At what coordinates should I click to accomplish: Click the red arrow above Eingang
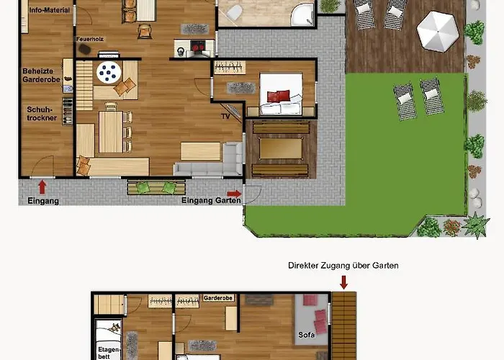click(42, 187)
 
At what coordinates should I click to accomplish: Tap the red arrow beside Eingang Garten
click(234, 194)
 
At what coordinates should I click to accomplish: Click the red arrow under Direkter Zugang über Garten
click(343, 282)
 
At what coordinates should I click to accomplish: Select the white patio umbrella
click(438, 31)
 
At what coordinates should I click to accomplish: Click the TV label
click(225, 117)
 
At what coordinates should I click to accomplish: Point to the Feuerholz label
click(90, 39)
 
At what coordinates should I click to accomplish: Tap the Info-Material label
click(50, 10)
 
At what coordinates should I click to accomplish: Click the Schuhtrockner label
click(42, 114)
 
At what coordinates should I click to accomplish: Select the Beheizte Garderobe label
click(41, 75)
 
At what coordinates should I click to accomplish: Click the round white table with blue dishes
click(109, 73)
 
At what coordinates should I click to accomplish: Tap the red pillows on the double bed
click(279, 96)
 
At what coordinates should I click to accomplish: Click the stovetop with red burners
click(198, 47)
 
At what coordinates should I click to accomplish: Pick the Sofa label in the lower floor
click(306, 335)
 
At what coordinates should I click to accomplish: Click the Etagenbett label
click(109, 353)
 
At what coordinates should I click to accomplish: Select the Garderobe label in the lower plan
click(218, 298)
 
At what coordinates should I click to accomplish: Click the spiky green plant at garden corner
click(476, 225)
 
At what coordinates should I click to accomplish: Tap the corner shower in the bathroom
click(302, 15)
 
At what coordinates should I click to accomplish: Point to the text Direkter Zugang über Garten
click(343, 266)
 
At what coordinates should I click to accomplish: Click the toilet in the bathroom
click(234, 12)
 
